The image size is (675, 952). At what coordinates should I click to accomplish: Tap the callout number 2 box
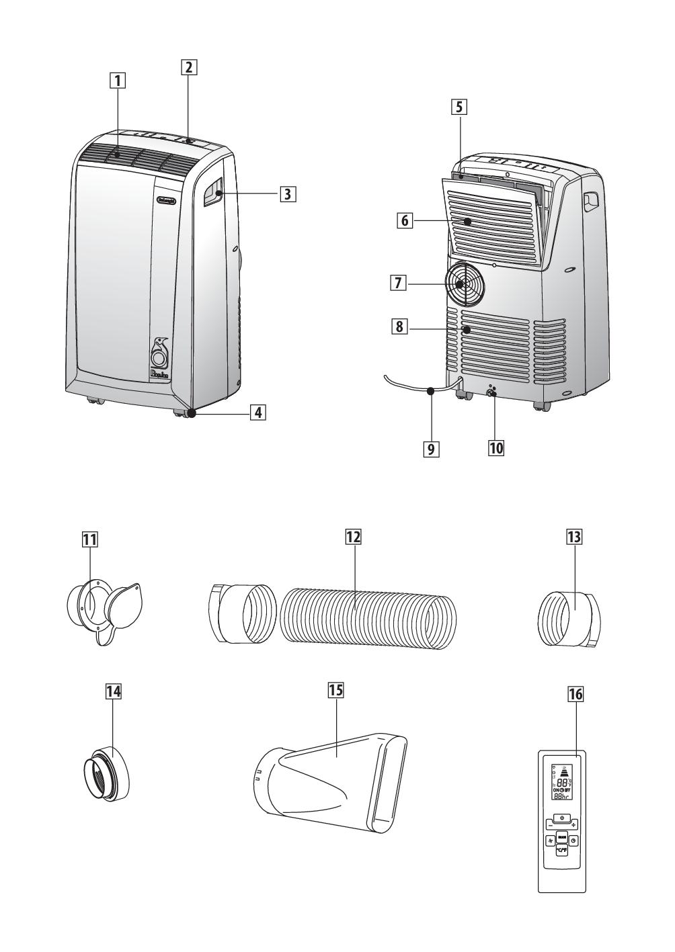tap(188, 67)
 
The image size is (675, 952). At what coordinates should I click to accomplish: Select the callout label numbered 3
tap(287, 194)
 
